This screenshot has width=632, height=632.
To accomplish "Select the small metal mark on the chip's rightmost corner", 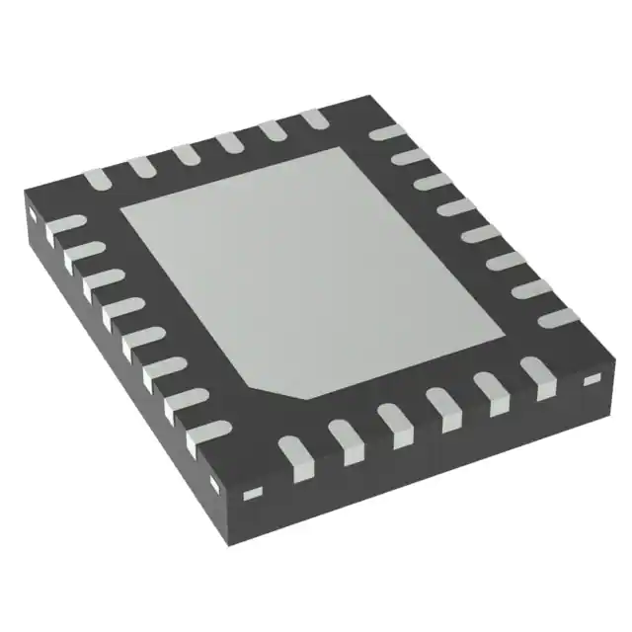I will click(x=592, y=380).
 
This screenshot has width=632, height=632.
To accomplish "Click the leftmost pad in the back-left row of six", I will click(x=95, y=179).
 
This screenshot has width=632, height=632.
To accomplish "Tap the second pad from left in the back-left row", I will click(x=141, y=166).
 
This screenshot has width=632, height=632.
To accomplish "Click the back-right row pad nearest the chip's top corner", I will click(x=382, y=132).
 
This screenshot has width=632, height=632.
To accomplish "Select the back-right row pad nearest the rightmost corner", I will click(x=557, y=316).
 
